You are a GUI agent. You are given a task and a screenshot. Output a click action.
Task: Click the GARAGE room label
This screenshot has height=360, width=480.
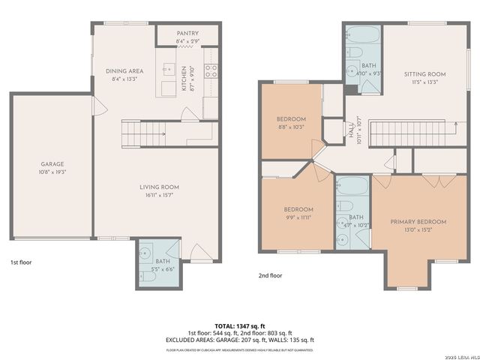tap(52, 164)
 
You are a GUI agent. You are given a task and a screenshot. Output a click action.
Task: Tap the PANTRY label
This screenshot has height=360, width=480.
tap(187, 34)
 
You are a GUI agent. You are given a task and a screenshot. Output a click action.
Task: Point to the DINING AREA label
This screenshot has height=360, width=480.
tap(124, 71)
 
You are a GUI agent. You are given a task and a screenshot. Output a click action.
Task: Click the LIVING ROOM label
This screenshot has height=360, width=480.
tap(159, 187)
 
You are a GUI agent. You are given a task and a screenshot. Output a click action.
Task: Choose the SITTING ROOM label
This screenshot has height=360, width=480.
tap(424, 74)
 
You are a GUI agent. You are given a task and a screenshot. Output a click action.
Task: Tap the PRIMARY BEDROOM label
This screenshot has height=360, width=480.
tap(418, 222)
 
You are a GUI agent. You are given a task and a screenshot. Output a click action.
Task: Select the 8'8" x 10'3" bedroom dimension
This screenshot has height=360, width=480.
tap(290, 127)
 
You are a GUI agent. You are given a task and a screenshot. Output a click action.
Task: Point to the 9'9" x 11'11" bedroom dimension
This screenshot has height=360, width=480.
tap(298, 217)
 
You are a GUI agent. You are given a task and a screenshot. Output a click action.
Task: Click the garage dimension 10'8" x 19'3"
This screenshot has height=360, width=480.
tap(52, 172)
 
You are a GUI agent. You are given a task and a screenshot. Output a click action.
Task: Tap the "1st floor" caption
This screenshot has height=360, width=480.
tap(20, 262)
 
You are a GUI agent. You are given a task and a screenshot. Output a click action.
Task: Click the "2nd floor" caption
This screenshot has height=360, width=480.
tap(270, 275)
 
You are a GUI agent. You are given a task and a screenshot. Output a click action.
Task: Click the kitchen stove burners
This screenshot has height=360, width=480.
tap(211, 72)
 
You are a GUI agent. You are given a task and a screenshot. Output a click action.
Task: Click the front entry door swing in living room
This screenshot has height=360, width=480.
tap(199, 251)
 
